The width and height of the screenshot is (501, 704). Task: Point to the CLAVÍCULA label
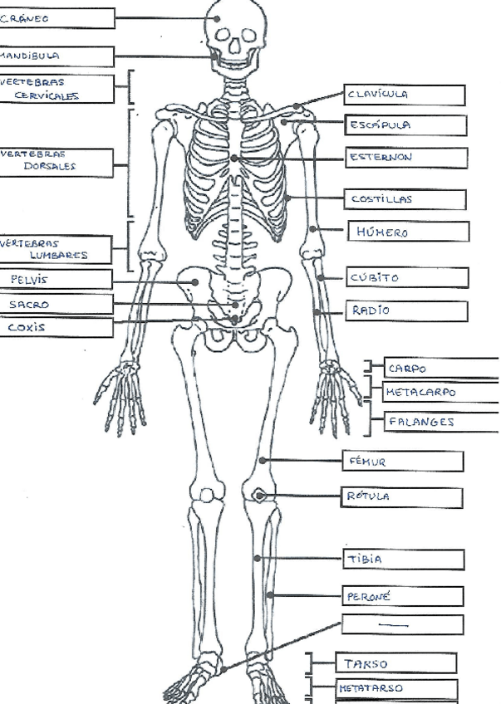[405, 95]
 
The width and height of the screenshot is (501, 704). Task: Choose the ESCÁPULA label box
[405, 125]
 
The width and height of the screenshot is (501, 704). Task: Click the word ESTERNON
[381, 157]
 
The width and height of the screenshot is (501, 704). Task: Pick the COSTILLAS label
[405, 199]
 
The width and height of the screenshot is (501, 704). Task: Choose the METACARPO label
[440, 391]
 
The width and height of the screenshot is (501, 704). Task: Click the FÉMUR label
[403, 461]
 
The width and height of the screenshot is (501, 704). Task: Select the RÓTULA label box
[403, 497]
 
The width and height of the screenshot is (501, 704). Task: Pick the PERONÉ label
[403, 596]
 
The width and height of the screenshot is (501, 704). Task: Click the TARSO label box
[395, 663]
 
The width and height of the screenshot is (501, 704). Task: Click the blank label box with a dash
[403, 624]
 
